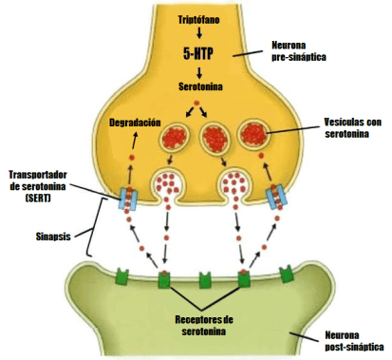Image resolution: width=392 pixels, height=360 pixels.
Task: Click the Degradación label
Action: [x=135, y=123]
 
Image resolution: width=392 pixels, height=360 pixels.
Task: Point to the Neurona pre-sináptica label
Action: [x=297, y=49]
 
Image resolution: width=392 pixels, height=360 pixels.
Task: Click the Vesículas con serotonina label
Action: [x=335, y=129]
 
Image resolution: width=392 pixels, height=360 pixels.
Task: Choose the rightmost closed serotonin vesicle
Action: [x=255, y=134]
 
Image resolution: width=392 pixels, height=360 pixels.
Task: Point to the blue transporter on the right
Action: [x=276, y=197]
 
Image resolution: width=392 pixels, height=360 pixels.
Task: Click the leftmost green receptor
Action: [x=120, y=276]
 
